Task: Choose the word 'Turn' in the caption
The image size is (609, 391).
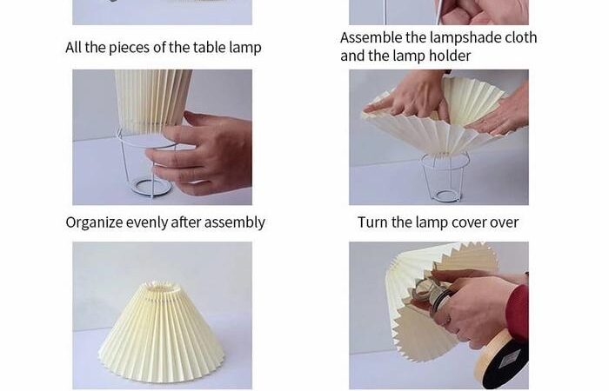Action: (372, 222)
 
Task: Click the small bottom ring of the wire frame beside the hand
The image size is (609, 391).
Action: (151, 187)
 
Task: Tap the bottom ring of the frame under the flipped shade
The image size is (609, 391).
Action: (446, 195)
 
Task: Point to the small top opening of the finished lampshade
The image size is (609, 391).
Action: (161, 288)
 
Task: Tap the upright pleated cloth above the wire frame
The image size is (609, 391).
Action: (152, 101)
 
